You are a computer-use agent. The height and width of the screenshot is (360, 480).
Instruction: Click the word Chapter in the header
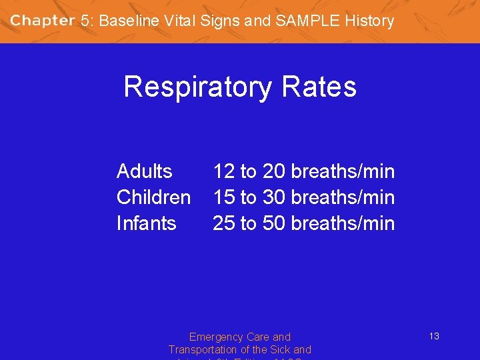pos(42,20)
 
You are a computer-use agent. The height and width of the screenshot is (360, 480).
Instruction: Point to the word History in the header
pos(369,21)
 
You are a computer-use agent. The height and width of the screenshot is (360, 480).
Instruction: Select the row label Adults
pos(144,171)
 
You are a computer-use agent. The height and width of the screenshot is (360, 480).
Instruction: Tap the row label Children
pos(153,197)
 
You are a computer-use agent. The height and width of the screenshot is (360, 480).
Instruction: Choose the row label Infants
pos(146,223)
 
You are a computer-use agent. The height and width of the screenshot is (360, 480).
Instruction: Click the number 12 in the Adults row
pos(223,171)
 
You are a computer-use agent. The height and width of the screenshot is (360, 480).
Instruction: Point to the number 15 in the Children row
pos(223,197)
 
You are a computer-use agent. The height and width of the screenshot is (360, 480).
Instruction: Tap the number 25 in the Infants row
pos(223,223)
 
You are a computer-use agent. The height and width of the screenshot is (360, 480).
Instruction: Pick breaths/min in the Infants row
pos(343,223)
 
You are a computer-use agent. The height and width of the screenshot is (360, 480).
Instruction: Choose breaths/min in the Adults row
pos(343,171)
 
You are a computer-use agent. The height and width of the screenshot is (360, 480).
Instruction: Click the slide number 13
pos(433,336)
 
